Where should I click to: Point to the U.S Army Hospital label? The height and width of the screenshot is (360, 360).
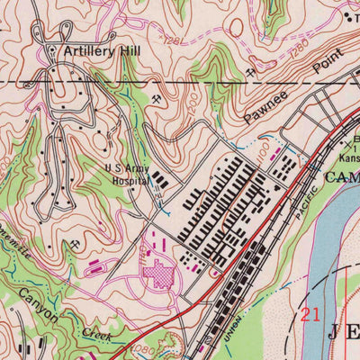pyautogui.click(x=127, y=174)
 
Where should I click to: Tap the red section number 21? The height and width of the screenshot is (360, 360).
pyautogui.click(x=310, y=314)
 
